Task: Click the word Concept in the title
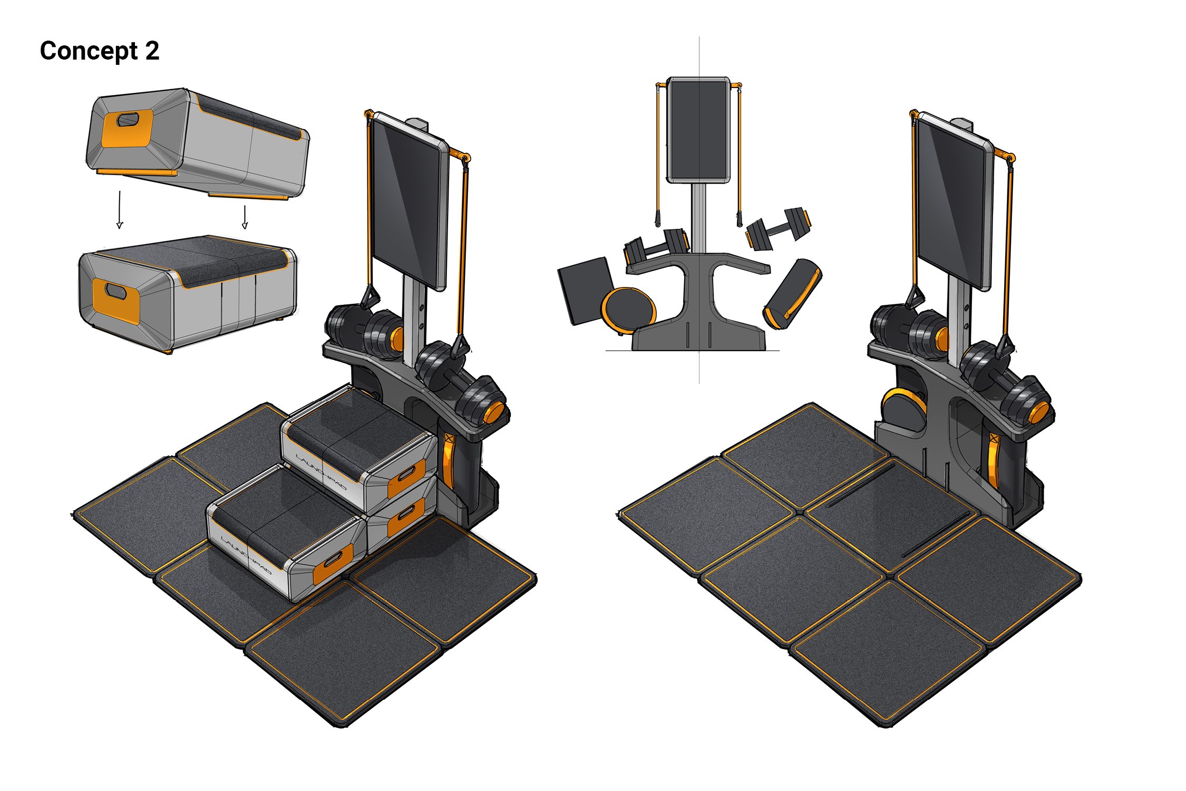89,52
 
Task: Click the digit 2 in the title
152,51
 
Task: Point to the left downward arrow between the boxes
120,210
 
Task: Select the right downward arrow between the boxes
245,217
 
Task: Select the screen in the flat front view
699,130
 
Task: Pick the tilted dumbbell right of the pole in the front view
779,228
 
